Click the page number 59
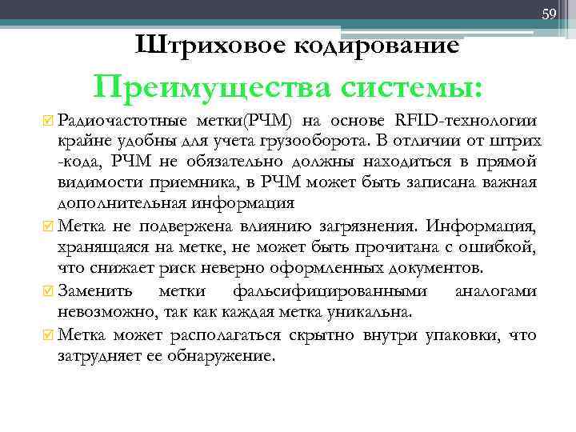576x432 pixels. (550, 14)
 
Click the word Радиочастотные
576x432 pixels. (118, 121)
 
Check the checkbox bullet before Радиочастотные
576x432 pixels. (48, 122)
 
